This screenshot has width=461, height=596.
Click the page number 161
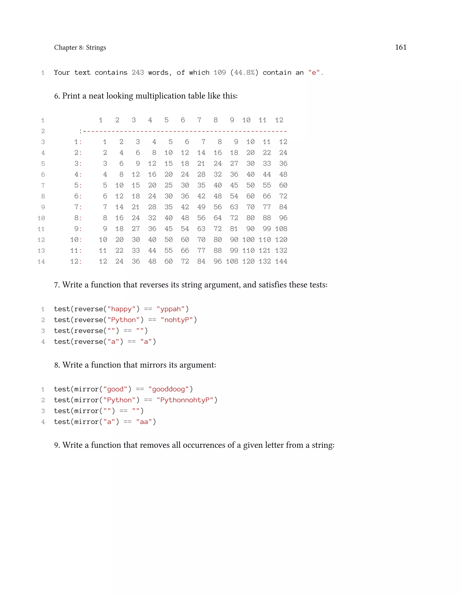click(x=400, y=47)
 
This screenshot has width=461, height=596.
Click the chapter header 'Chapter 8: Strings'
click(x=80, y=47)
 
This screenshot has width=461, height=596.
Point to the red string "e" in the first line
click(x=314, y=73)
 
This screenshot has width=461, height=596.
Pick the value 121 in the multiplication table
click(x=265, y=251)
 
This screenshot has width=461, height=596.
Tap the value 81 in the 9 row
click(x=234, y=229)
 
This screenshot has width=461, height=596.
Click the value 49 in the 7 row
click(x=201, y=207)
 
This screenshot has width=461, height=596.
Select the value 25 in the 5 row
click(x=169, y=185)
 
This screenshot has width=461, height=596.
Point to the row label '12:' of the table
click(x=76, y=261)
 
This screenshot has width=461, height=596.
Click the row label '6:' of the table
click(x=78, y=196)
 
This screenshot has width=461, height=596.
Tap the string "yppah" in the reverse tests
click(x=170, y=309)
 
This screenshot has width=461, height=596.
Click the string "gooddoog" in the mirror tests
click(x=169, y=389)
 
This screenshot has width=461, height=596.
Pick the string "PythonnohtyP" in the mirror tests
click(x=185, y=400)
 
